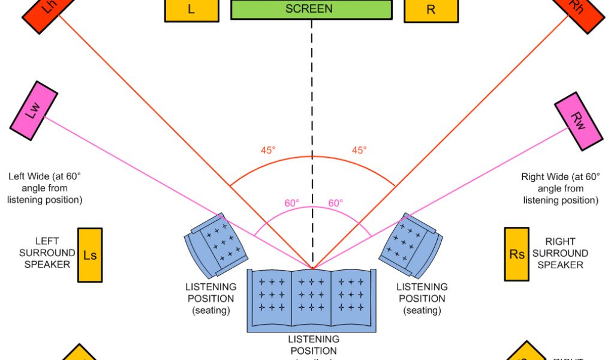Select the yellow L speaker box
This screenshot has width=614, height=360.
[191, 10]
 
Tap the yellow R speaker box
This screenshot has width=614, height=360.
[431, 10]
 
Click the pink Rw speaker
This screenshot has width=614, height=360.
[579, 121]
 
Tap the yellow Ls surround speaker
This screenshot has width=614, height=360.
[90, 255]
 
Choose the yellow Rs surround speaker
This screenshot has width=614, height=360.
[517, 254]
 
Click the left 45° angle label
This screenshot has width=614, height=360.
[268, 150]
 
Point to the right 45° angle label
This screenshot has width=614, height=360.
[359, 150]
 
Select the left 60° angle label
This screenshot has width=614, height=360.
[292, 203]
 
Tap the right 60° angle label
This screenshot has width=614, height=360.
[336, 203]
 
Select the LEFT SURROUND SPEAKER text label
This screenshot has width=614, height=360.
[47, 253]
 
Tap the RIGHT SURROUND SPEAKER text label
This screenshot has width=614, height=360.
[560, 253]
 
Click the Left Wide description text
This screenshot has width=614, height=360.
[44, 188]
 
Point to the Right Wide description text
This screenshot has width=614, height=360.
[561, 188]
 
